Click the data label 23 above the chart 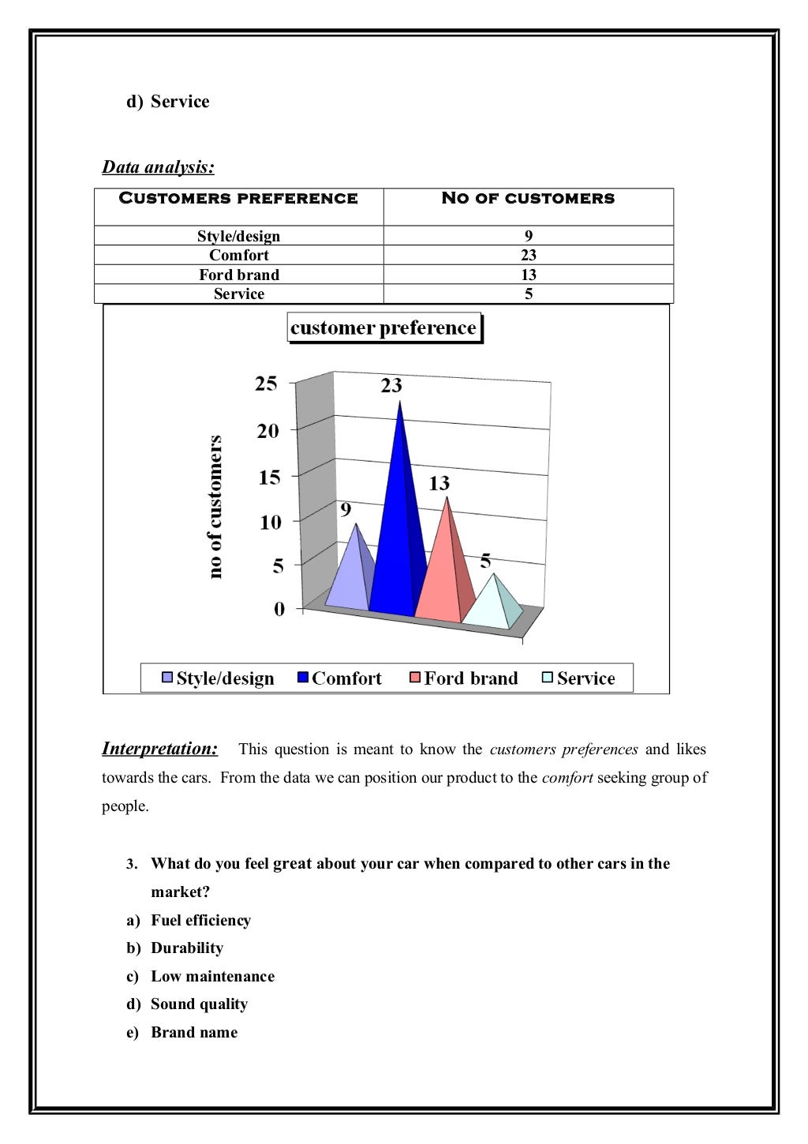point(391,386)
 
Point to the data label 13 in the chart point(439,484)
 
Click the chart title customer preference point(383,328)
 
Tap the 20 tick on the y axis point(267,431)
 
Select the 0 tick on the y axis point(279,609)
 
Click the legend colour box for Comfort point(303,678)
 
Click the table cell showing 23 point(528,255)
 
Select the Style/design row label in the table point(238,236)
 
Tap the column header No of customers point(527,199)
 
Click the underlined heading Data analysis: point(158,167)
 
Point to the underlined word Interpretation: point(159,749)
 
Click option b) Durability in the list point(186,948)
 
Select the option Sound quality point(199,1004)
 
